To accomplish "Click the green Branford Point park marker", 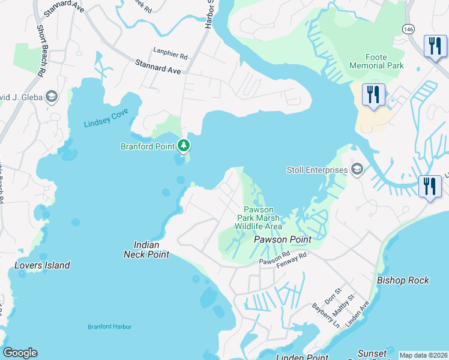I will click(x=184, y=145).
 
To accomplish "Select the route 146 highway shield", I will click(x=408, y=29).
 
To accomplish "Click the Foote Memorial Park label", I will click(x=376, y=61).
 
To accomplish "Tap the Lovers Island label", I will click(x=42, y=265).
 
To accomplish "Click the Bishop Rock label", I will click(x=402, y=280).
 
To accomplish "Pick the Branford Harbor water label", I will click(x=109, y=326).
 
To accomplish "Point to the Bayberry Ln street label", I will click(x=325, y=314).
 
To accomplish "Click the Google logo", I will click(x=20, y=353).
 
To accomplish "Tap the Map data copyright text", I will click(x=423, y=355).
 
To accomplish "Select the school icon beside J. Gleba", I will click(x=52, y=97).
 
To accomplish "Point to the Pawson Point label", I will click(x=282, y=239).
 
